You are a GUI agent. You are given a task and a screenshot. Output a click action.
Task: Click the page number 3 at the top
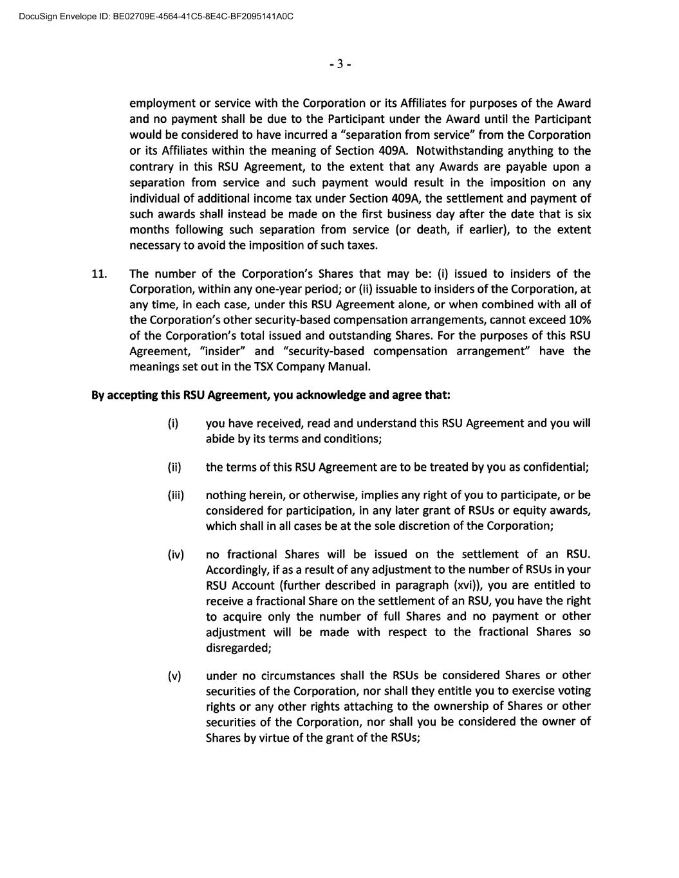point(340,64)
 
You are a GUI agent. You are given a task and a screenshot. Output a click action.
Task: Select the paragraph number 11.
point(100,274)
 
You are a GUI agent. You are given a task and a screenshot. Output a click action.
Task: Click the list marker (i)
point(173,424)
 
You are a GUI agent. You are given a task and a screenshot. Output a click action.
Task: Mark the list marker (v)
point(174,676)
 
